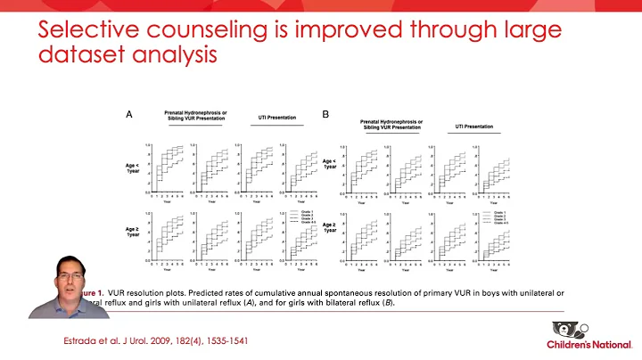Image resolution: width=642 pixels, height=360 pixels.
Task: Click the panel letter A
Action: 129,114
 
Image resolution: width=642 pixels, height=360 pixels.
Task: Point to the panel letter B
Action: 325,114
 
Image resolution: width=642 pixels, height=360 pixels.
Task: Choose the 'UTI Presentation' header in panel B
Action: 474,127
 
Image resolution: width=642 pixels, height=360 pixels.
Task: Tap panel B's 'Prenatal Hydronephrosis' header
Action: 392,123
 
